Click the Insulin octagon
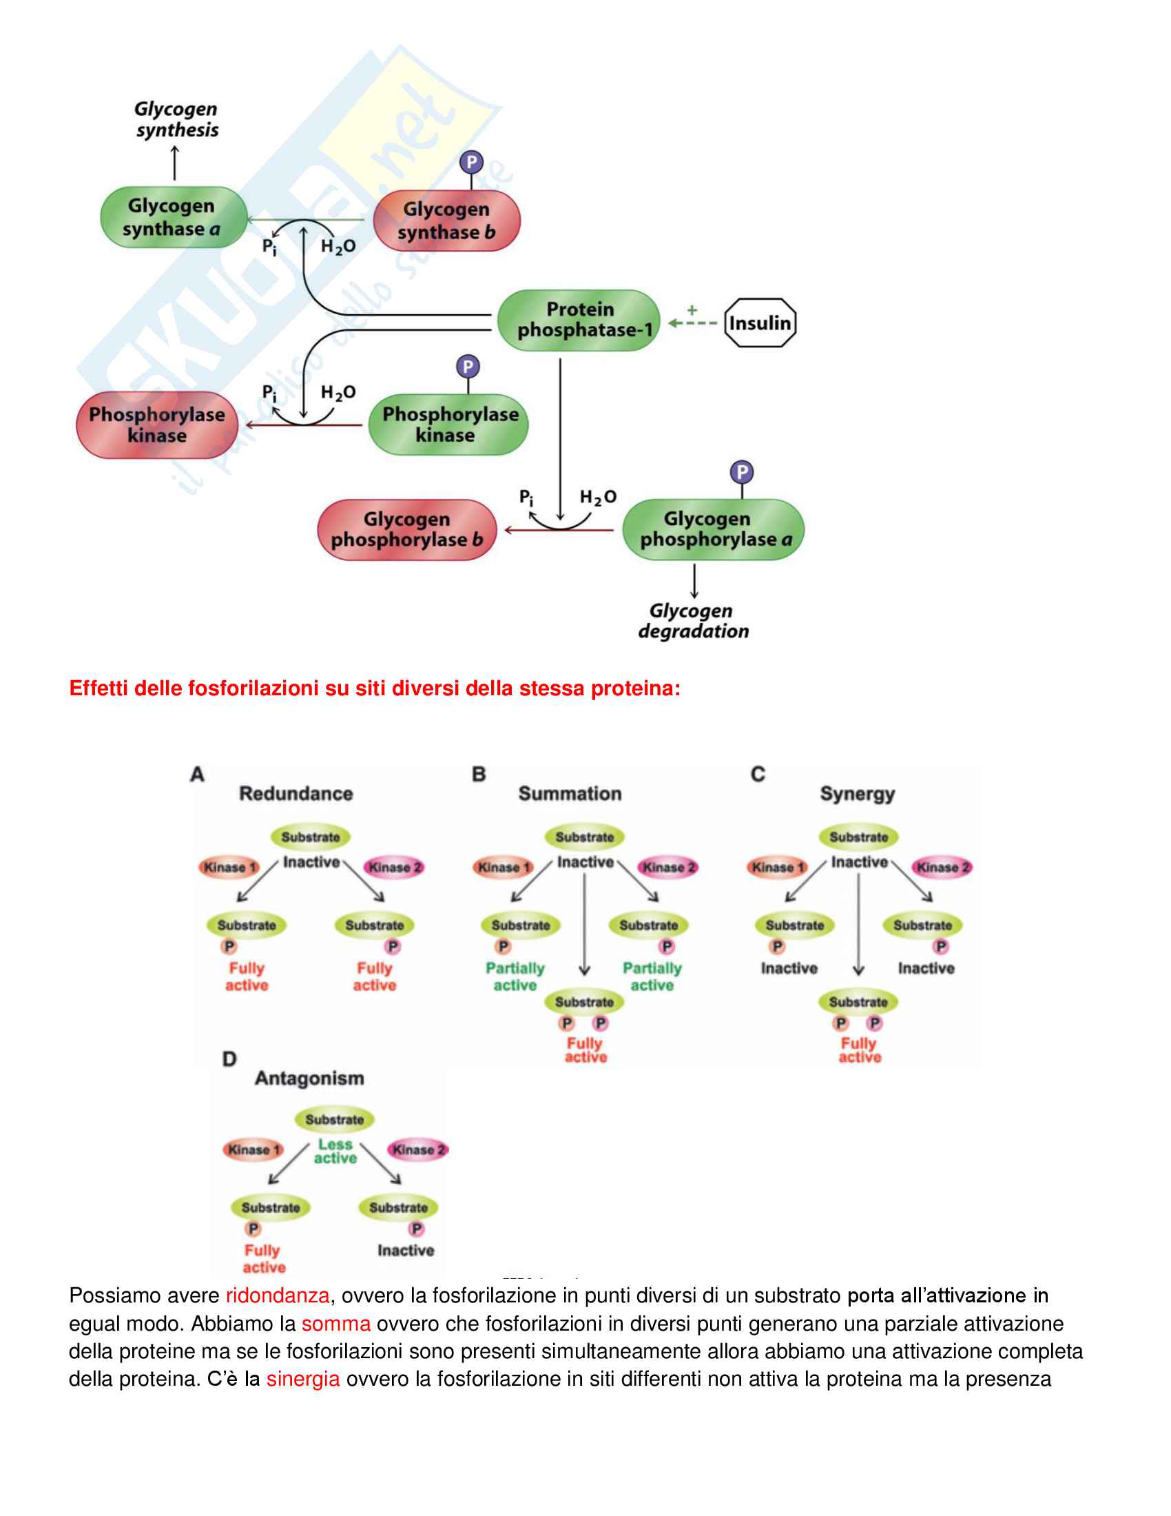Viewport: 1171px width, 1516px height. click(x=760, y=322)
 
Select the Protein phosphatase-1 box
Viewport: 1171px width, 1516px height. click(x=579, y=320)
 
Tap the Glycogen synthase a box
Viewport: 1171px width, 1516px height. click(x=174, y=217)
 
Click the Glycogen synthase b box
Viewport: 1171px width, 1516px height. click(x=446, y=221)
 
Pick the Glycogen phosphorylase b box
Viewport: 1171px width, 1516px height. click(x=406, y=530)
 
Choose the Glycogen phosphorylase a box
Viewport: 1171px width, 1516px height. click(x=713, y=529)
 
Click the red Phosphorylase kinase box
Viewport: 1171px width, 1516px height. click(x=157, y=424)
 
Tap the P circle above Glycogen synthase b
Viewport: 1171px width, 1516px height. click(x=472, y=163)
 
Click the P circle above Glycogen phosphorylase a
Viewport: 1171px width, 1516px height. click(x=742, y=473)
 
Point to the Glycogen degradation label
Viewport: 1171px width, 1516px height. click(x=693, y=621)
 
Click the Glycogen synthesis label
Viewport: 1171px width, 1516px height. click(x=176, y=119)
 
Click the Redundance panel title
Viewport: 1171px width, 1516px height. click(x=296, y=793)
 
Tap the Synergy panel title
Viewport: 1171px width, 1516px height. click(x=857, y=793)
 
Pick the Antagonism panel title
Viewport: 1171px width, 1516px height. click(x=309, y=1078)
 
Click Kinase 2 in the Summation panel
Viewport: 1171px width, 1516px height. click(x=668, y=867)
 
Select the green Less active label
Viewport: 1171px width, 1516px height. click(x=335, y=1151)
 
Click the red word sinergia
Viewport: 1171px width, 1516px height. click(x=303, y=1379)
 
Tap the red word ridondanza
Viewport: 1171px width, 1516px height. click(x=278, y=1295)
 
